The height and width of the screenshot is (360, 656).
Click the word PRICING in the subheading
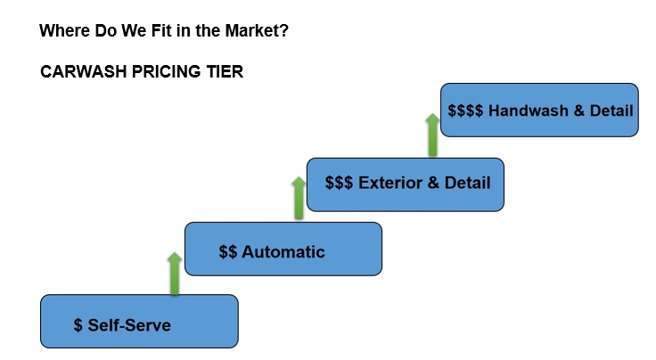pyautogui.click(x=167, y=71)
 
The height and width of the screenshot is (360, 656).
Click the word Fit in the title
pyautogui.click(x=162, y=30)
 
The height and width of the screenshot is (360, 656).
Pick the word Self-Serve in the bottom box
pyautogui.click(x=129, y=325)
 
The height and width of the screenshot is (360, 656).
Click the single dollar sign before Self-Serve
pyautogui.click(x=78, y=325)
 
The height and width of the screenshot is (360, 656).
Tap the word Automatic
pyautogui.click(x=283, y=251)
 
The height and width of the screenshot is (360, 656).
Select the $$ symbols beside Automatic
pyautogui.click(x=228, y=251)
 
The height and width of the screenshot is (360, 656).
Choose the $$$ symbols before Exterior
pyautogui.click(x=339, y=183)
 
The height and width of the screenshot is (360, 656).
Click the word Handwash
pyautogui.click(x=529, y=110)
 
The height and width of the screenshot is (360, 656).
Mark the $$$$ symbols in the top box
pyautogui.click(x=465, y=110)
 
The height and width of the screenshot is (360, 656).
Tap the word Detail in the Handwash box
pyautogui.click(x=611, y=110)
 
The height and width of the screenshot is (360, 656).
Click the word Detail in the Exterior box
pyautogui.click(x=467, y=183)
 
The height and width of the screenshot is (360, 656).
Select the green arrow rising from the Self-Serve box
pyautogui.click(x=175, y=274)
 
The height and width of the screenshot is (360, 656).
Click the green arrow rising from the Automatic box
pyautogui.click(x=299, y=198)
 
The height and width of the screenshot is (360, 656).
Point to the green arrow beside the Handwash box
pyautogui.click(x=432, y=135)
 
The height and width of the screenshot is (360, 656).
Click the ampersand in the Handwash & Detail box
pyautogui.click(x=579, y=110)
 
